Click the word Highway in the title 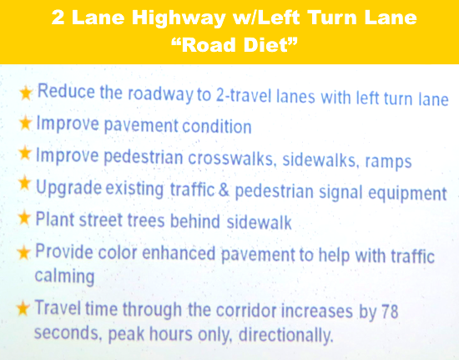[x=179, y=18]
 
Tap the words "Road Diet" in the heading [x=235, y=45]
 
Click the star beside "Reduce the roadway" [x=26, y=93]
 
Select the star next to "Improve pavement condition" [x=25, y=123]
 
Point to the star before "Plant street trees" [x=23, y=218]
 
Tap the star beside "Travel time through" [x=23, y=308]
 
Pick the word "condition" [x=217, y=126]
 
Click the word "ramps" [x=388, y=162]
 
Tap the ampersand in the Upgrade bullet [x=224, y=190]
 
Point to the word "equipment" [x=407, y=194]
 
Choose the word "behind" [x=195, y=221]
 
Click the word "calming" [x=65, y=276]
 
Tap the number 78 [x=390, y=311]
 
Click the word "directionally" [x=286, y=335]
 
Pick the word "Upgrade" [x=68, y=188]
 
